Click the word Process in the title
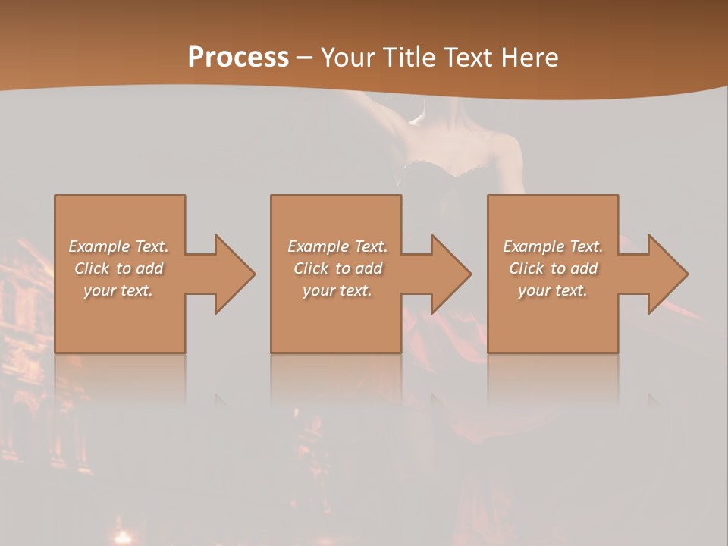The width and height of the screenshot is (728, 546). (238, 57)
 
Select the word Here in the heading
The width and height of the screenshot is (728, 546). (528, 57)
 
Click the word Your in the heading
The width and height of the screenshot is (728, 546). (348, 57)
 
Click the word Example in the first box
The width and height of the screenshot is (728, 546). (99, 246)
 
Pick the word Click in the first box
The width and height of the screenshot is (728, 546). (92, 268)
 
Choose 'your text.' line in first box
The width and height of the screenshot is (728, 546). (118, 290)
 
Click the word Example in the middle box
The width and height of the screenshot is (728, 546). (318, 246)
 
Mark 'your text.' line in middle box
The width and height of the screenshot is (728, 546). (337, 290)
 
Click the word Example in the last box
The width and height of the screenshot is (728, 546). (533, 246)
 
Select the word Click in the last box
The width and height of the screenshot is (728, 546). (526, 268)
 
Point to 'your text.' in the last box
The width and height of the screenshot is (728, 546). (553, 290)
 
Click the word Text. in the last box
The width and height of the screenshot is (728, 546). (585, 246)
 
